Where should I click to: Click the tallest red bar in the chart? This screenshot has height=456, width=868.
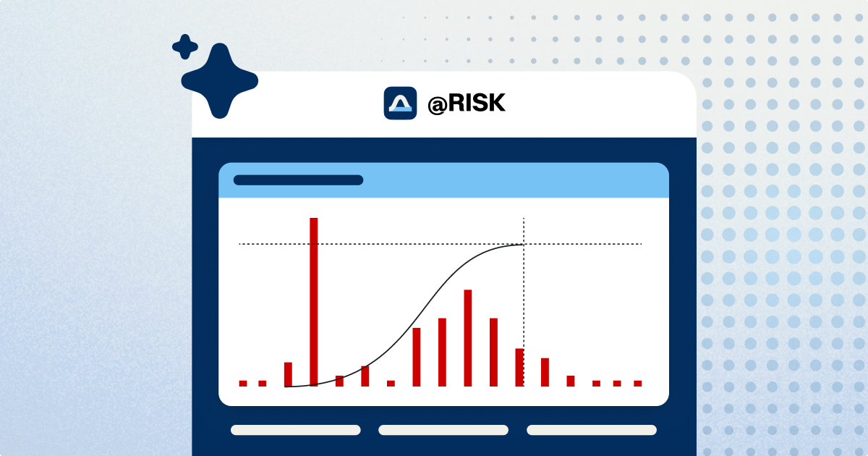(x=313, y=302)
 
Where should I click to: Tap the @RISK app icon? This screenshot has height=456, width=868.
(x=400, y=103)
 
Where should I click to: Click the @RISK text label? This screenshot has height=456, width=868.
(x=467, y=104)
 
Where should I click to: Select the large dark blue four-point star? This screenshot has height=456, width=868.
(x=220, y=80)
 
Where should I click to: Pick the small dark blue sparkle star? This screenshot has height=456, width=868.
(x=185, y=47)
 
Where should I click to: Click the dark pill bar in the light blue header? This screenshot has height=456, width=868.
(x=298, y=180)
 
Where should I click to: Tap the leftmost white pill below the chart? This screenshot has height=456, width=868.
(x=296, y=430)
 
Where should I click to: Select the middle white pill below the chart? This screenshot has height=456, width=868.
(x=443, y=430)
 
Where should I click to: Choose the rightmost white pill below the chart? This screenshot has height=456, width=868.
(x=592, y=430)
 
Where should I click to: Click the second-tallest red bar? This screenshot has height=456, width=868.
(x=468, y=338)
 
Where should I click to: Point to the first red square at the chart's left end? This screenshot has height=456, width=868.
(x=243, y=384)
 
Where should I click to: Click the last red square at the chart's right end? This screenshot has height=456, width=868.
(x=638, y=384)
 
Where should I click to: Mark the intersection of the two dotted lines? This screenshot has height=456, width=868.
(x=524, y=244)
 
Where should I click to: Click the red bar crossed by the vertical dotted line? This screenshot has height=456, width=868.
(x=519, y=368)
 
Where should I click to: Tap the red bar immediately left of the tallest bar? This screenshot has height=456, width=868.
(x=288, y=375)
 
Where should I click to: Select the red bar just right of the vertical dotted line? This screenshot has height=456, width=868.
(x=545, y=372)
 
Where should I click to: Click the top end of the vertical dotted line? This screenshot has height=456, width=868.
(x=524, y=218)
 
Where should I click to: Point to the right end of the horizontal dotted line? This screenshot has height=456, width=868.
(x=642, y=244)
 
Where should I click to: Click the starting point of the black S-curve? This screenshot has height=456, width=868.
(x=285, y=387)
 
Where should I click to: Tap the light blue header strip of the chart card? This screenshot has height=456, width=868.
(x=443, y=180)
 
